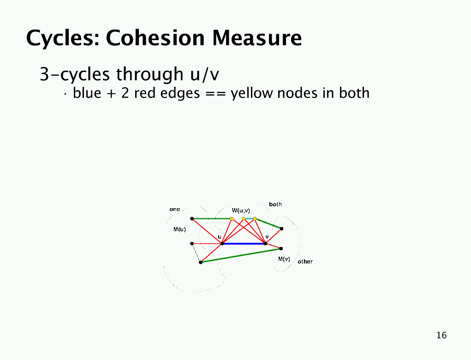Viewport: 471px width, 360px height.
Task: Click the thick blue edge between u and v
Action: [x=244, y=244]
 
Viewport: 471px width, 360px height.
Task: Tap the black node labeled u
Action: [x=222, y=244]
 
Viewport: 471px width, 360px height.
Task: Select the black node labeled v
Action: [x=265, y=243]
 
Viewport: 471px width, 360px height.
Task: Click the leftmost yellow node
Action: [x=232, y=219]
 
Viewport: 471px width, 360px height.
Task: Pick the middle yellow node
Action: [x=244, y=219]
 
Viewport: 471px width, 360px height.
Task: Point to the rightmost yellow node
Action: [x=255, y=219]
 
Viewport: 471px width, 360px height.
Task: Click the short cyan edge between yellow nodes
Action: [x=249, y=219]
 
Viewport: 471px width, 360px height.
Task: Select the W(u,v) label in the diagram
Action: [x=241, y=210]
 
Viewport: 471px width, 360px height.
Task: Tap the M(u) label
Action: [x=179, y=229]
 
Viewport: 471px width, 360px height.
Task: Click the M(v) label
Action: [x=284, y=259]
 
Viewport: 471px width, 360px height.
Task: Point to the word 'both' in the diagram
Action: [x=275, y=204]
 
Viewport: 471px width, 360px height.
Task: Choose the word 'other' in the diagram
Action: [x=305, y=262]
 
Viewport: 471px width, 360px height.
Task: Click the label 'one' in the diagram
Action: [x=175, y=209]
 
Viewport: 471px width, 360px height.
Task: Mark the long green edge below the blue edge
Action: [x=241, y=255]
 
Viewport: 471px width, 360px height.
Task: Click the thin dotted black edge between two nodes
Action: [x=196, y=253]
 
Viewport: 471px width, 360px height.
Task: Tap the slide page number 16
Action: [x=441, y=336]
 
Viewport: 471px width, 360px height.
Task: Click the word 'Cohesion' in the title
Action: [x=155, y=38]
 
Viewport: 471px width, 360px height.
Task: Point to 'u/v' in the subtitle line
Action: [x=205, y=74]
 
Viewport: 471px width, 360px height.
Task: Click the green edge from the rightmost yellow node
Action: [x=268, y=223]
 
